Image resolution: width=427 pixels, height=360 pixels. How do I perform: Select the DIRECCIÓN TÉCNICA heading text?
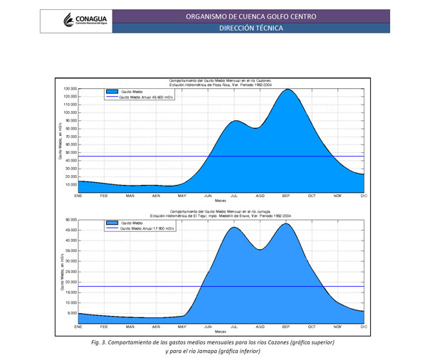coord(251,28)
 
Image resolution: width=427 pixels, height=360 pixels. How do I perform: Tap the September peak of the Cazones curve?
coord(286,90)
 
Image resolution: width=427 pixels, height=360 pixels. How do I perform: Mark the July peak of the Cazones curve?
coord(236,121)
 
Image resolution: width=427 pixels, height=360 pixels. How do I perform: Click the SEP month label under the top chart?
coord(286,195)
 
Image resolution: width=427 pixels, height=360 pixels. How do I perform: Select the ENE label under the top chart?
coord(78,195)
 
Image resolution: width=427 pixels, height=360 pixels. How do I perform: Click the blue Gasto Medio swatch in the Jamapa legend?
coord(111,223)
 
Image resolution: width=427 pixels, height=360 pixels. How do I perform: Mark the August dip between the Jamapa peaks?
coord(260,249)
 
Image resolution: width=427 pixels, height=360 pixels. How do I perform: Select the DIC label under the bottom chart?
coord(363,327)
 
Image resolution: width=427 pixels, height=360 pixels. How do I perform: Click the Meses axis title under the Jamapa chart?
coord(221,332)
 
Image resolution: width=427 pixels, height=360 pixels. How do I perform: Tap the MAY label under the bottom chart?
coord(182,327)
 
